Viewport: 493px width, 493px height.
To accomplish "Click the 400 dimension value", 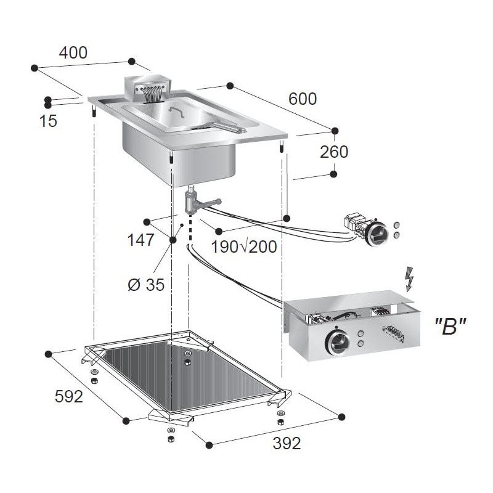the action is pos(73,52).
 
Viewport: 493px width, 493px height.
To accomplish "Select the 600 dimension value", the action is pos(303,99).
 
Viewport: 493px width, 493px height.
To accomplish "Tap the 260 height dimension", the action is pos(334,152).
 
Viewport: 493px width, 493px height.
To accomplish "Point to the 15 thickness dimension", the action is pos(48,121).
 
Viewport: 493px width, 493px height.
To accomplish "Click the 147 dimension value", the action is pos(141,240).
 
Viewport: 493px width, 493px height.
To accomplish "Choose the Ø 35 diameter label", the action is pos(146,285).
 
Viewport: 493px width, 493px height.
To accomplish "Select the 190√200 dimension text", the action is pos(244,247).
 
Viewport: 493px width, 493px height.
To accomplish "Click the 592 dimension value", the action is pos(69,396).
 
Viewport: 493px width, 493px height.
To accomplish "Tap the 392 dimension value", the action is pos(287,443).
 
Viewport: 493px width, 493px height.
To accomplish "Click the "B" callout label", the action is pos(450,327).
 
